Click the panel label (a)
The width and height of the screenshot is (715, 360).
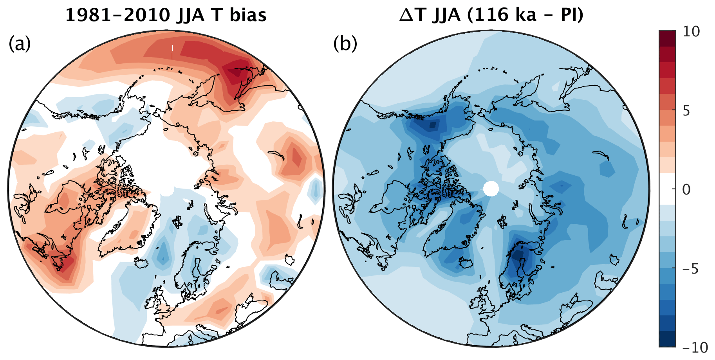19,44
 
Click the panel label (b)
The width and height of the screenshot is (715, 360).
345,44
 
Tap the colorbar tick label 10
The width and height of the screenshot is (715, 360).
692,32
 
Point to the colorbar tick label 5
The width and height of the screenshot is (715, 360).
686,111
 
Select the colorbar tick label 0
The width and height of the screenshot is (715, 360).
686,190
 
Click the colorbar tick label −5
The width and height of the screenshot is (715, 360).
690,269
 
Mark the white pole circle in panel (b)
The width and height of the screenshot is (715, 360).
491,189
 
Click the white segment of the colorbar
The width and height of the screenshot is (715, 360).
667,189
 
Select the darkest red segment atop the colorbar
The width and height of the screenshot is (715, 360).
667,38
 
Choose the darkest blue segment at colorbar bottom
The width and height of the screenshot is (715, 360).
667,339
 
